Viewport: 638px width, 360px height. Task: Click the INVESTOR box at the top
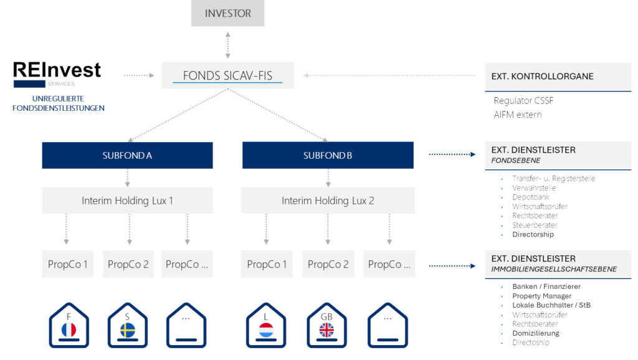227,13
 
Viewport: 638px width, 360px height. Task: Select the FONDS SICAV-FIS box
227,75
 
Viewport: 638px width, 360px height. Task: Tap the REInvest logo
57,72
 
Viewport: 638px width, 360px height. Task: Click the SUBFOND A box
127,155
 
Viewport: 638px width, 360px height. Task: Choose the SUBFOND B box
328,155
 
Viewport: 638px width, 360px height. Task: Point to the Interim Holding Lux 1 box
127,201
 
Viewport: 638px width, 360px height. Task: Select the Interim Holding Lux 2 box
328,201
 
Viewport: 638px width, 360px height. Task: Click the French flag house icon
69,326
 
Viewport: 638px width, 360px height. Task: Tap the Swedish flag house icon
127,326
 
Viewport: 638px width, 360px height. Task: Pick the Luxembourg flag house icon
266,326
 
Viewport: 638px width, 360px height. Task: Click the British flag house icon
326,326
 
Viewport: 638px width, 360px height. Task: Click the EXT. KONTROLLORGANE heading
542,77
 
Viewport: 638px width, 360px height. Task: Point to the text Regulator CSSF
523,101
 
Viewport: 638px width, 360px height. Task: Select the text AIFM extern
517,115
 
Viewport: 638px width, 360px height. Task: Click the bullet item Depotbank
530,197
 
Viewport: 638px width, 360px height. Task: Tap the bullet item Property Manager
541,296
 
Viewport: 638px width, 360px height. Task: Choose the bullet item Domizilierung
535,333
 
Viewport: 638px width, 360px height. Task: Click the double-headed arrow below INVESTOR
227,44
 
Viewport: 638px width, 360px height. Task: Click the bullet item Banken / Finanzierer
546,287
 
